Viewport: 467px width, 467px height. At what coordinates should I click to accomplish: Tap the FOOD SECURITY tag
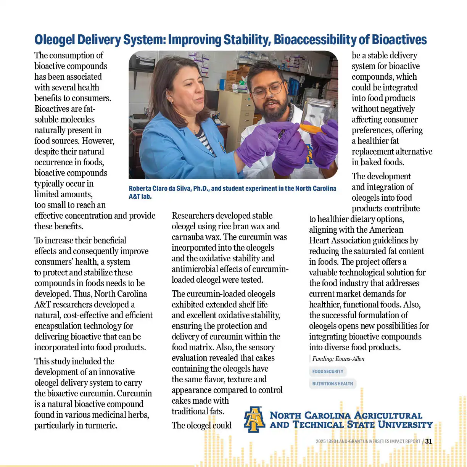[327, 371]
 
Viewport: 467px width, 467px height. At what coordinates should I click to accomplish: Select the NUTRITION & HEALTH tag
[332, 383]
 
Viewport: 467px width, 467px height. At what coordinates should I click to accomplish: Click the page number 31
[428, 441]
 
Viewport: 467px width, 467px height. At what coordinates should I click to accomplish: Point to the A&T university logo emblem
[254, 419]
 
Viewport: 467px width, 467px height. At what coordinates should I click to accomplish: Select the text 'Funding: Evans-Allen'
[338, 359]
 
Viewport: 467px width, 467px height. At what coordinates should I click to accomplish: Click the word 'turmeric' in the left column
[100, 425]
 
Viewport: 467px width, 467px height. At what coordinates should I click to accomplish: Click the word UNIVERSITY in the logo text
[405, 425]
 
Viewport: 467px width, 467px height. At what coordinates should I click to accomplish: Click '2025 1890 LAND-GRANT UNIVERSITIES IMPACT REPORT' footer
[368, 441]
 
